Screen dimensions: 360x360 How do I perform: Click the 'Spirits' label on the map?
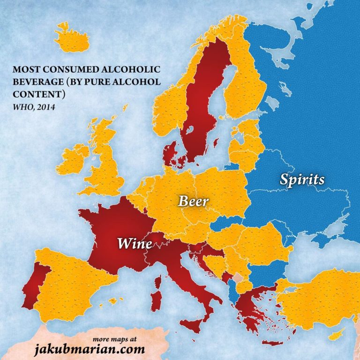[x=302, y=179]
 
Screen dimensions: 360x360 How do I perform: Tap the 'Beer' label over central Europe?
[x=192, y=202]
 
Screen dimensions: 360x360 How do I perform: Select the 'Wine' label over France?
[x=135, y=243]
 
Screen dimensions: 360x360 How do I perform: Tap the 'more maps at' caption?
[x=111, y=338]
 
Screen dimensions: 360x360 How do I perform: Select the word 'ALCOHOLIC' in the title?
[x=133, y=70]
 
